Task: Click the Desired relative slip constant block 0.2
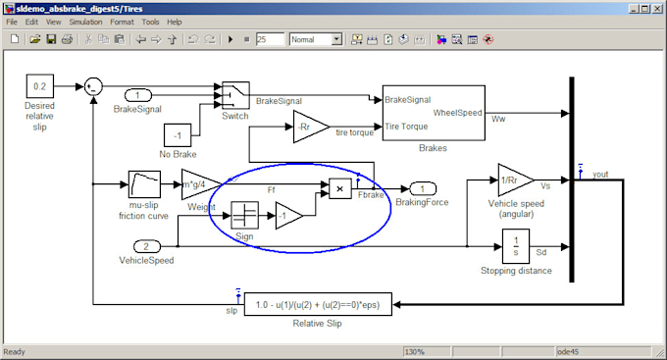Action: click(39, 85)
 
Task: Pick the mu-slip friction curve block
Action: click(144, 184)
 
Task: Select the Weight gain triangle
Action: click(198, 183)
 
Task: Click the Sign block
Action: click(244, 216)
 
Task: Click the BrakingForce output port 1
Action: click(423, 187)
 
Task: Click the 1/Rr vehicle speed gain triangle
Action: click(513, 180)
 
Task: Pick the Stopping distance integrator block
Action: click(515, 245)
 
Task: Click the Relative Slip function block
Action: click(318, 305)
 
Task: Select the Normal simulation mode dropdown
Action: click(315, 39)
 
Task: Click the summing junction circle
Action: click(93, 85)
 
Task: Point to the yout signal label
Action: click(601, 176)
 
